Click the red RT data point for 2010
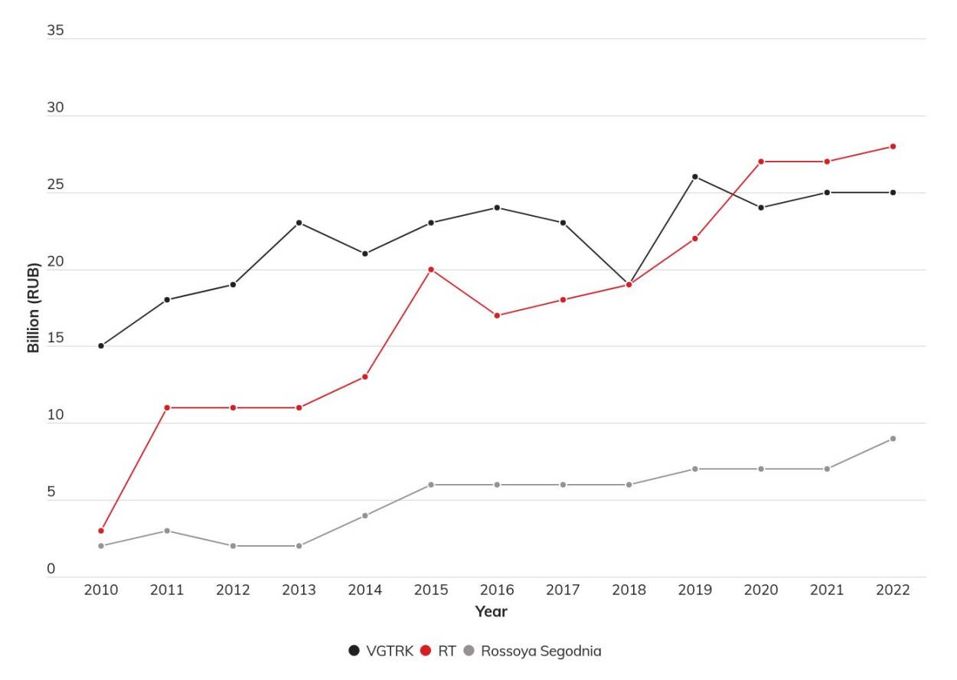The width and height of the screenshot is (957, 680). (101, 531)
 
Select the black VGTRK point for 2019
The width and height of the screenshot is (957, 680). (695, 177)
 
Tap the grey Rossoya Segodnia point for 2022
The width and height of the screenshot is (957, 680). (893, 439)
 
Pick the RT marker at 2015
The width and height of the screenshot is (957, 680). (431, 270)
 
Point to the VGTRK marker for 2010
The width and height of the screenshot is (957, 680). (101, 346)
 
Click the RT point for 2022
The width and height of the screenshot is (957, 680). (893, 146)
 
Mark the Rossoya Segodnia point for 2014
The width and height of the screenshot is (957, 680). (365, 515)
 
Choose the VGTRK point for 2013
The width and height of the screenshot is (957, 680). (299, 223)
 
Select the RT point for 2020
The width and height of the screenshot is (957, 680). (761, 162)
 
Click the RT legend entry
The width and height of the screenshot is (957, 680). (439, 652)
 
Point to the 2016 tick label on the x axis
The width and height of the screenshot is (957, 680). (497, 590)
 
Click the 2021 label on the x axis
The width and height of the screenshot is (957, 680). (827, 590)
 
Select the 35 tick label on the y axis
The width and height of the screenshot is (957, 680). (56, 31)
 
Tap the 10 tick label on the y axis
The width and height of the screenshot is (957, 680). (56, 416)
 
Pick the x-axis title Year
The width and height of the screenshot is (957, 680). (491, 612)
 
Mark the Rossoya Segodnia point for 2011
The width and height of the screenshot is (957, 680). (167, 531)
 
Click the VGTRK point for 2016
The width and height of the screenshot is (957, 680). (497, 208)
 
